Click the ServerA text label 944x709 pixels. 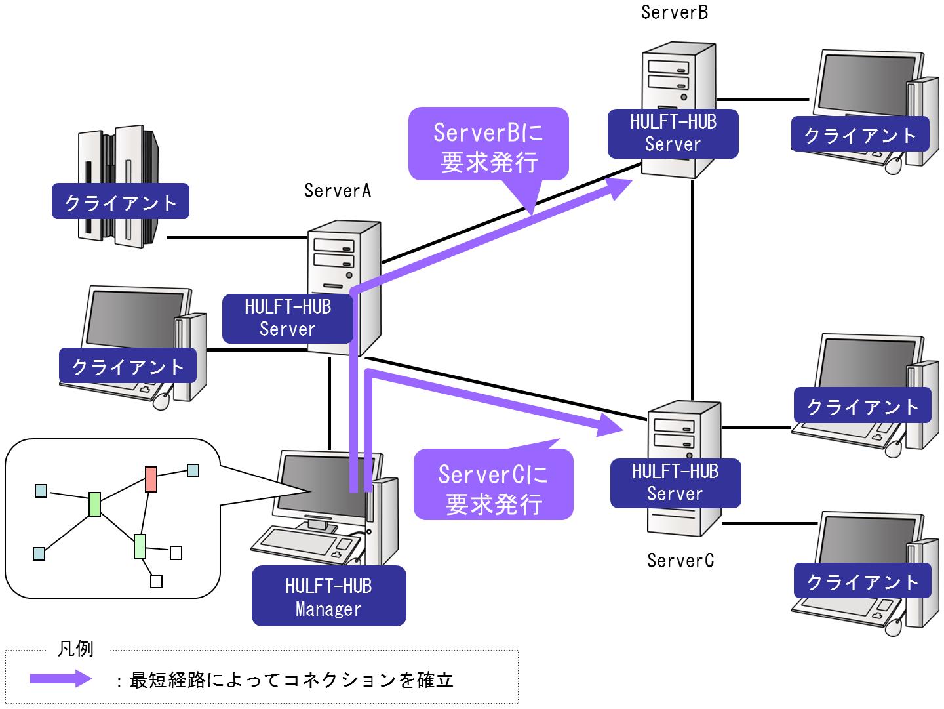coord(338,190)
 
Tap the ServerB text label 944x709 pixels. coord(674,12)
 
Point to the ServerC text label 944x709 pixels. coord(680,560)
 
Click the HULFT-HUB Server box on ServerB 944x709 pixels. coord(673,133)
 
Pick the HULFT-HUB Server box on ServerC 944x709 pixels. coord(675,483)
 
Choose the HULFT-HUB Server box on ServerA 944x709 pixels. coord(288,318)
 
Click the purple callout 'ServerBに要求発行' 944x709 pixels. coord(488,144)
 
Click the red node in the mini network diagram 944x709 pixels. coord(151,479)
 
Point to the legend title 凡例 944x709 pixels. coord(76,649)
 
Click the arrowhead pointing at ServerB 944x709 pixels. coord(619,186)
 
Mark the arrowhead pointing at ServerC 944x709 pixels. coord(610,426)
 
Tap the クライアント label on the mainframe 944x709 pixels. coord(121,202)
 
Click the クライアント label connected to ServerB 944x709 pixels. coord(859,135)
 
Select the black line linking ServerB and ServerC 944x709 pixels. coord(692,282)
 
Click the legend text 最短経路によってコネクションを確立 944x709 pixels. coord(292,680)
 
